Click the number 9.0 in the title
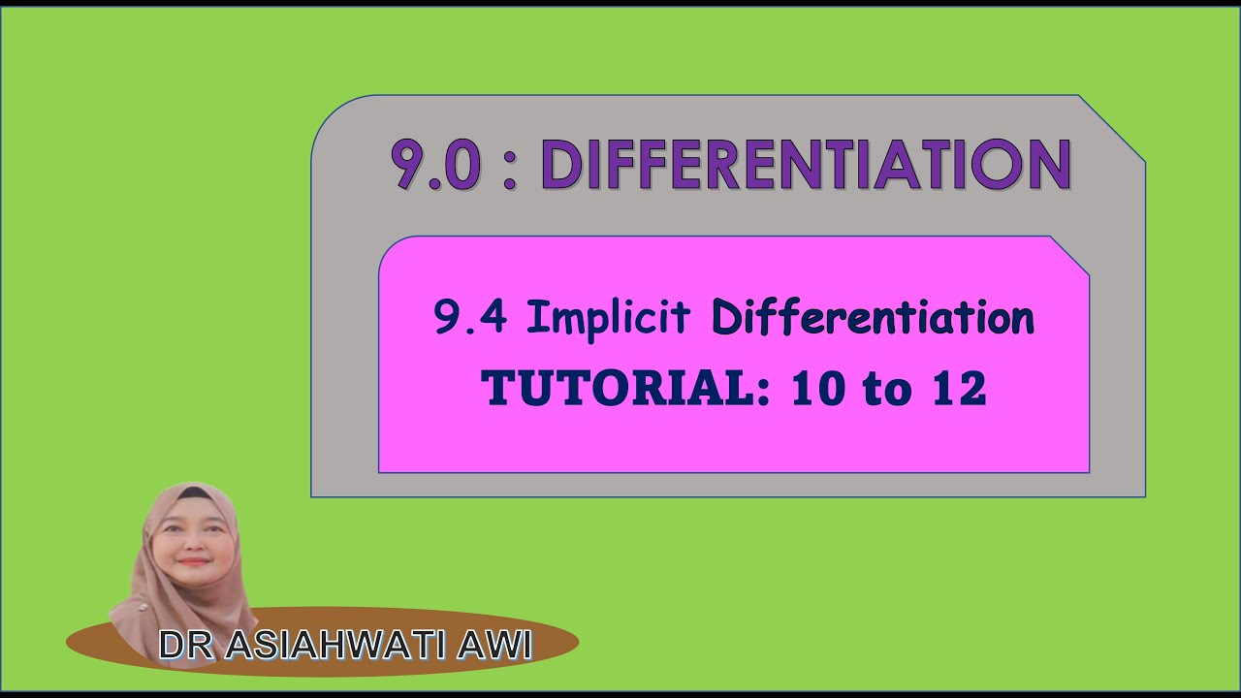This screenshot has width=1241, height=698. [x=435, y=165]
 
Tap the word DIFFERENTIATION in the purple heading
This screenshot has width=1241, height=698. [x=805, y=165]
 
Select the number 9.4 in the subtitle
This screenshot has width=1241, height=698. [x=470, y=318]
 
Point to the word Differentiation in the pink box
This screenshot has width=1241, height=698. [x=873, y=318]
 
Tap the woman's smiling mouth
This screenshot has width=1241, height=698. [x=193, y=560]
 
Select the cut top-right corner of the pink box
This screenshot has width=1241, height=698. [x=1069, y=256]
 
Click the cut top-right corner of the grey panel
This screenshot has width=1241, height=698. [x=1112, y=128]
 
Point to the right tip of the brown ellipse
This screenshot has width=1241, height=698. [x=578, y=642]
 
